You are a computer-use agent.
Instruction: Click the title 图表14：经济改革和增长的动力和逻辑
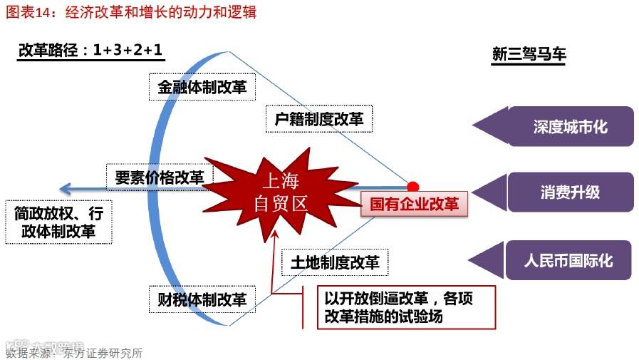(x=131, y=13)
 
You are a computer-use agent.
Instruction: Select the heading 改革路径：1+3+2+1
(x=90, y=51)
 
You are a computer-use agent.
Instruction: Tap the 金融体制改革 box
(x=202, y=88)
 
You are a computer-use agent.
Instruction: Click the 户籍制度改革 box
(x=319, y=119)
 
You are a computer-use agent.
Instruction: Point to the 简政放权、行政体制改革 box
(x=59, y=222)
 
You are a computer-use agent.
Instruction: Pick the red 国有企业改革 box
(x=415, y=204)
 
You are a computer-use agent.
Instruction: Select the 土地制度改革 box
(x=335, y=262)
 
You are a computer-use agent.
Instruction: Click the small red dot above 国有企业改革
(x=412, y=187)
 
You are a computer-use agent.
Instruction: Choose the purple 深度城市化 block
(x=570, y=126)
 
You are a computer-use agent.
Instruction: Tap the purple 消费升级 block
(x=570, y=192)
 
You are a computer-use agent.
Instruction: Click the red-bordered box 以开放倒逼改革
(x=406, y=307)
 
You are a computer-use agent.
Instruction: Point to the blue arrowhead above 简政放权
(x=65, y=189)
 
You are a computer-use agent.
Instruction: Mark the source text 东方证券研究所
(x=103, y=352)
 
